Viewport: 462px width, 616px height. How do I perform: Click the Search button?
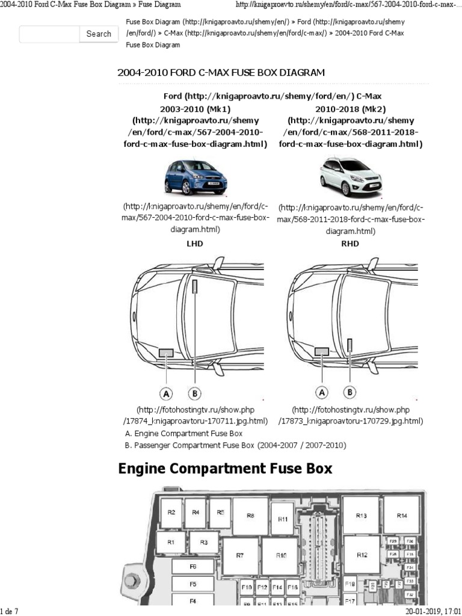[99, 34]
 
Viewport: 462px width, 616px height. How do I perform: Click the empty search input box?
[49, 34]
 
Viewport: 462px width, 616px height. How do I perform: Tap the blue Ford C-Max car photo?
[196, 177]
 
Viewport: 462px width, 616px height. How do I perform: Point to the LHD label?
[196, 244]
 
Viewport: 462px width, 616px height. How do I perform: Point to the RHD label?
[351, 244]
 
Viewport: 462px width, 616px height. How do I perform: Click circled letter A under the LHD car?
[166, 393]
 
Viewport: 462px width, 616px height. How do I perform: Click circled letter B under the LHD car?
[194, 393]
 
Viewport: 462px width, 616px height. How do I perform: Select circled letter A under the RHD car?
[322, 392]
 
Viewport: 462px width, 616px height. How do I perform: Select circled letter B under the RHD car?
[350, 392]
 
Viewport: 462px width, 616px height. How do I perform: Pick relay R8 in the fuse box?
[251, 516]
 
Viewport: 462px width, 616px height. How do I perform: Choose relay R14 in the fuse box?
[401, 516]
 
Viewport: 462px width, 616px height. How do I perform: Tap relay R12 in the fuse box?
[362, 555]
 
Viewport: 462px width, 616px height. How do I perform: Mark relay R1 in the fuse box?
[171, 542]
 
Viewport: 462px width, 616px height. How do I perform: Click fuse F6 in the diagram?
[193, 567]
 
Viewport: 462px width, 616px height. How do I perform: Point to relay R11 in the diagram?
[283, 519]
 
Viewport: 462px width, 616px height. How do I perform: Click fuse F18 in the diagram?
[351, 584]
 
